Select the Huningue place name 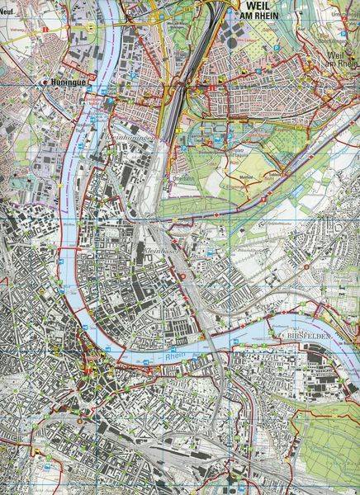tap(67, 83)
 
